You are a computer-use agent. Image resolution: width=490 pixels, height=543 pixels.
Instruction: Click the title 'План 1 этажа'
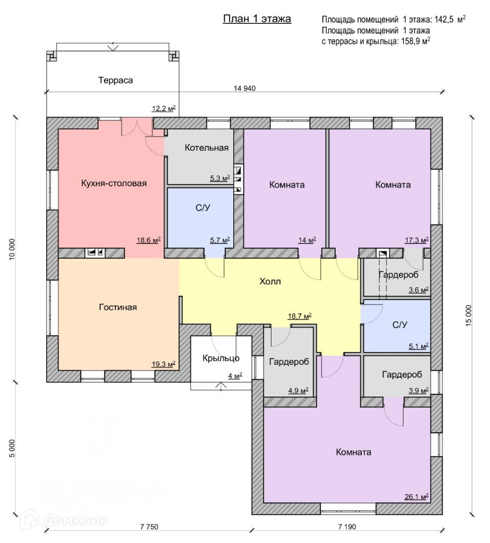pyautogui.click(x=256, y=20)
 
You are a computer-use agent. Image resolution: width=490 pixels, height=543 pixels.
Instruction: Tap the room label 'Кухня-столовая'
pyautogui.click(x=113, y=183)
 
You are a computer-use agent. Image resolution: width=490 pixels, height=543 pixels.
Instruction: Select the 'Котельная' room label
pyautogui.click(x=207, y=147)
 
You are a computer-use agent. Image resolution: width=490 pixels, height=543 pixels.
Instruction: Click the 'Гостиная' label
pyautogui.click(x=118, y=307)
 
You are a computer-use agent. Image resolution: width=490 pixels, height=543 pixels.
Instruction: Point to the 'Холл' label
pyautogui.click(x=270, y=281)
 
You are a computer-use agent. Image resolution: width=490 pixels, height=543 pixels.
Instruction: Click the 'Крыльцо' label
pyautogui.click(x=221, y=358)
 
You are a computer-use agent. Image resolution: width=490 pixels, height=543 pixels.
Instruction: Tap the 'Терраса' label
pyautogui.click(x=115, y=81)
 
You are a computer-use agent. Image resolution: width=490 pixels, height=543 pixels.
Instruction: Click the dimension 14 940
pyautogui.click(x=244, y=89)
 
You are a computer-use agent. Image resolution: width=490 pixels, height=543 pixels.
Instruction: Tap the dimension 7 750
pyautogui.click(x=150, y=527)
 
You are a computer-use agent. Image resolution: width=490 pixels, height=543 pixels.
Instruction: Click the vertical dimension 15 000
pyautogui.click(x=468, y=317)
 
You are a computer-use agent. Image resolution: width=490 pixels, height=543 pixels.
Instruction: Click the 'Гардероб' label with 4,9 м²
pyautogui.click(x=286, y=362)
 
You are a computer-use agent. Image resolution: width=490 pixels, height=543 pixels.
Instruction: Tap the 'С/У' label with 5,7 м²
pyautogui.click(x=203, y=208)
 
